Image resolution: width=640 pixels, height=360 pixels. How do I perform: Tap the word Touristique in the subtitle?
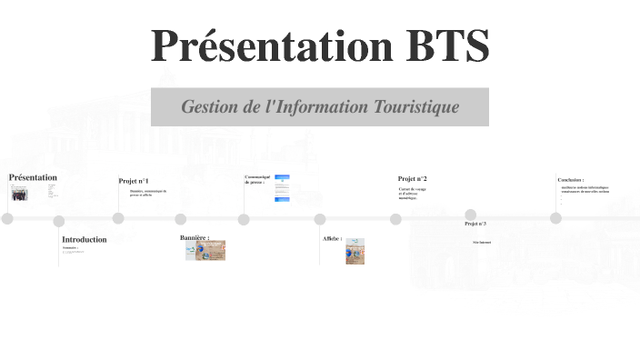click(415, 107)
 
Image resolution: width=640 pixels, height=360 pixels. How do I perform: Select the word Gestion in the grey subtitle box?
click(208, 107)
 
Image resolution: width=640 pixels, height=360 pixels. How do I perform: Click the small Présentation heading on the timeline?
click(33, 177)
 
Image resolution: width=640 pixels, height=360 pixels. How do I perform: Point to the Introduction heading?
click(85, 240)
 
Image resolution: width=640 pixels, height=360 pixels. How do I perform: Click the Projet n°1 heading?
click(134, 181)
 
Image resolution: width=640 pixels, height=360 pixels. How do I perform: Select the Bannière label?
click(195, 237)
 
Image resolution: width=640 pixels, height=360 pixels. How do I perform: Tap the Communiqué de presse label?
click(257, 179)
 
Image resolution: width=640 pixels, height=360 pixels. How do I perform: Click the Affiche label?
click(332, 239)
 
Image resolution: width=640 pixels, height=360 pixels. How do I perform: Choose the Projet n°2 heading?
click(412, 179)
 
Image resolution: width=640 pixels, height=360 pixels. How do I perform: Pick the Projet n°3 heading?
click(475, 224)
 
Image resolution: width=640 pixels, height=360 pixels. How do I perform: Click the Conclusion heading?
click(571, 180)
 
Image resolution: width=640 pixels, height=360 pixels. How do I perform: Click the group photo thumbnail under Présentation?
click(19, 194)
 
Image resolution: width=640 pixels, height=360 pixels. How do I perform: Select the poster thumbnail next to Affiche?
click(355, 251)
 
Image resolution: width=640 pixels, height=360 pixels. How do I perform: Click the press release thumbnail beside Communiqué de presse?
click(282, 187)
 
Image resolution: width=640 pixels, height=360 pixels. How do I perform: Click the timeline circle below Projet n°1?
click(118, 218)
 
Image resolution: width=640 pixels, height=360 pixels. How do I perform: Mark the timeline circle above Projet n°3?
click(471, 215)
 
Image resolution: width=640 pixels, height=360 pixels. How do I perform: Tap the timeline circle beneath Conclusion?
click(555, 218)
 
